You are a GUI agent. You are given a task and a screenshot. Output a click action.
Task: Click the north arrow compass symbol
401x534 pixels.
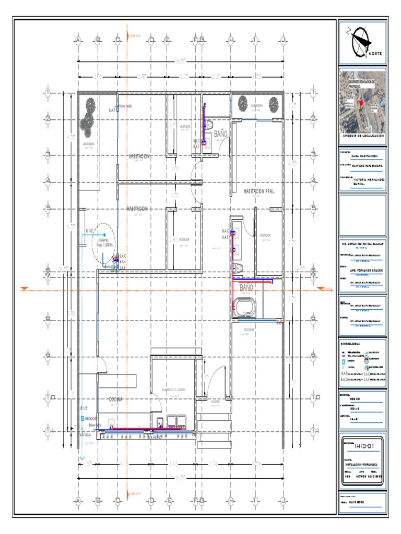361,41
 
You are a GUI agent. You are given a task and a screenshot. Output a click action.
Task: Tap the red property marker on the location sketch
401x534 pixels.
360,104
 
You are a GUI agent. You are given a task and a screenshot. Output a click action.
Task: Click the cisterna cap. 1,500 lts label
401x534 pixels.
105,242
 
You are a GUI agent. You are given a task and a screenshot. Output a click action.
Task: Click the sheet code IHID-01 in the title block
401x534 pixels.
362,444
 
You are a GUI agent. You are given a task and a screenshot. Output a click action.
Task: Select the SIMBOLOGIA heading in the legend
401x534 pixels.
350,345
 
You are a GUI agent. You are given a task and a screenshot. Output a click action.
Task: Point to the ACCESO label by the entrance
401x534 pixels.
215,402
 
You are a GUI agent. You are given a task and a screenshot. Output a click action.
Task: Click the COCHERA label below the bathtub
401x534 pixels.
249,330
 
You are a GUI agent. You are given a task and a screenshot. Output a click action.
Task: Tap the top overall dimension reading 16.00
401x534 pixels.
180,61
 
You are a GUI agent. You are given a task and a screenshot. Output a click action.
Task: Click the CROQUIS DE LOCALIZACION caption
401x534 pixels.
362,135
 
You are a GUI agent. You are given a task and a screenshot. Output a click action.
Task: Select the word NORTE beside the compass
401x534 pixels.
375,53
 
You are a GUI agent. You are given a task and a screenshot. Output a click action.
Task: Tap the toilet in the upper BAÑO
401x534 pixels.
209,124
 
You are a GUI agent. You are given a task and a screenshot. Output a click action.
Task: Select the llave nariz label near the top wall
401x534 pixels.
125,106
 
